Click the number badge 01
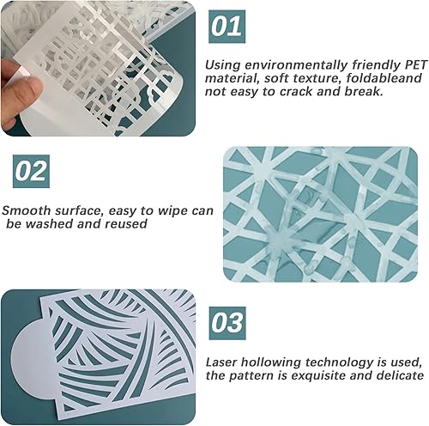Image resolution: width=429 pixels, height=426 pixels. tap(227, 27)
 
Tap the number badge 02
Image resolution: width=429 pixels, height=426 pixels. tap(31, 171)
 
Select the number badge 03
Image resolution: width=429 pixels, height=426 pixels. tap(227, 323)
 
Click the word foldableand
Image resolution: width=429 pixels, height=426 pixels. tap(384, 78)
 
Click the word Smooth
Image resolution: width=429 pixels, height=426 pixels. tap(26, 210)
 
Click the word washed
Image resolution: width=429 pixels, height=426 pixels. tap(50, 223)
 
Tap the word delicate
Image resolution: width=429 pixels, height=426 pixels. tap(400, 375)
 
